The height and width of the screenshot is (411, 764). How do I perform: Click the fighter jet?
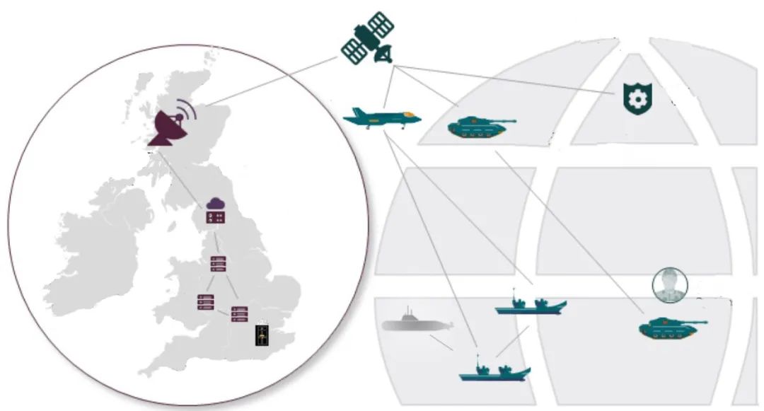pos(382,117)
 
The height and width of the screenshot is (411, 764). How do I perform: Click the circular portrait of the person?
pos(669,286)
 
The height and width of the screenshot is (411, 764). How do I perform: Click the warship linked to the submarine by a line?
pos(494,371)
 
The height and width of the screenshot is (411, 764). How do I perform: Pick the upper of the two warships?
pos(531,305)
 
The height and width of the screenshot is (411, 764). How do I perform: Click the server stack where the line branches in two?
pos(218,264)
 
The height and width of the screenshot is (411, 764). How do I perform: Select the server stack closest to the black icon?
pos(240,314)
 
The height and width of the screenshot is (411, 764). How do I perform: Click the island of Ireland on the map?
pos(99,233)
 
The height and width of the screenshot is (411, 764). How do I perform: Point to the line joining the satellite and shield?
pos(509,79)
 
